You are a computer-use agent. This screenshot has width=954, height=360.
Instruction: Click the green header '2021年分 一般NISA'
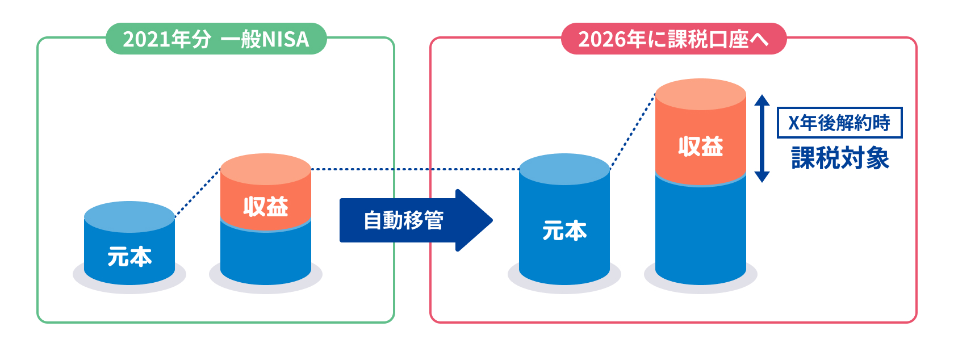tap(216, 39)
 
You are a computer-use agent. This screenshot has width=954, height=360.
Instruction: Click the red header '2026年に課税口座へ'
tap(673, 39)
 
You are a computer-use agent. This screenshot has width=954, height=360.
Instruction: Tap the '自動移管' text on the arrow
tap(403, 220)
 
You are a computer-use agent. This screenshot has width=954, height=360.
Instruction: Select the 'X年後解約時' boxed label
tap(839, 123)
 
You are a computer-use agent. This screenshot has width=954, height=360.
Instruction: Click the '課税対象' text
tap(840, 158)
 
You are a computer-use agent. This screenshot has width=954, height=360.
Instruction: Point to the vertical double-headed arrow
tap(761, 139)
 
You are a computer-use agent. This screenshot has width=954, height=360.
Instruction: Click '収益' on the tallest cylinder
tap(700, 146)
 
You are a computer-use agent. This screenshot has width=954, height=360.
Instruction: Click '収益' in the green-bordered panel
tap(265, 207)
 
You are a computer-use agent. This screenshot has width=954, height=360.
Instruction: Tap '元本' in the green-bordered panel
tap(129, 257)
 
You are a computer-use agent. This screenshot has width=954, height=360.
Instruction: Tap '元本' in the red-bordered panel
tap(564, 231)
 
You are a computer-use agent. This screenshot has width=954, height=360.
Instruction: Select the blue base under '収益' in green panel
tap(265, 256)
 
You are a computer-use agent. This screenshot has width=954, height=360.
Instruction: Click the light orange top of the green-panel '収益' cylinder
tap(265, 169)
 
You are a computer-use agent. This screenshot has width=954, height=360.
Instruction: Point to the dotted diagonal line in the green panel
tap(197, 193)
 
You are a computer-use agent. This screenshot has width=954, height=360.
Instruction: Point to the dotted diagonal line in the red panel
tap(632, 132)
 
